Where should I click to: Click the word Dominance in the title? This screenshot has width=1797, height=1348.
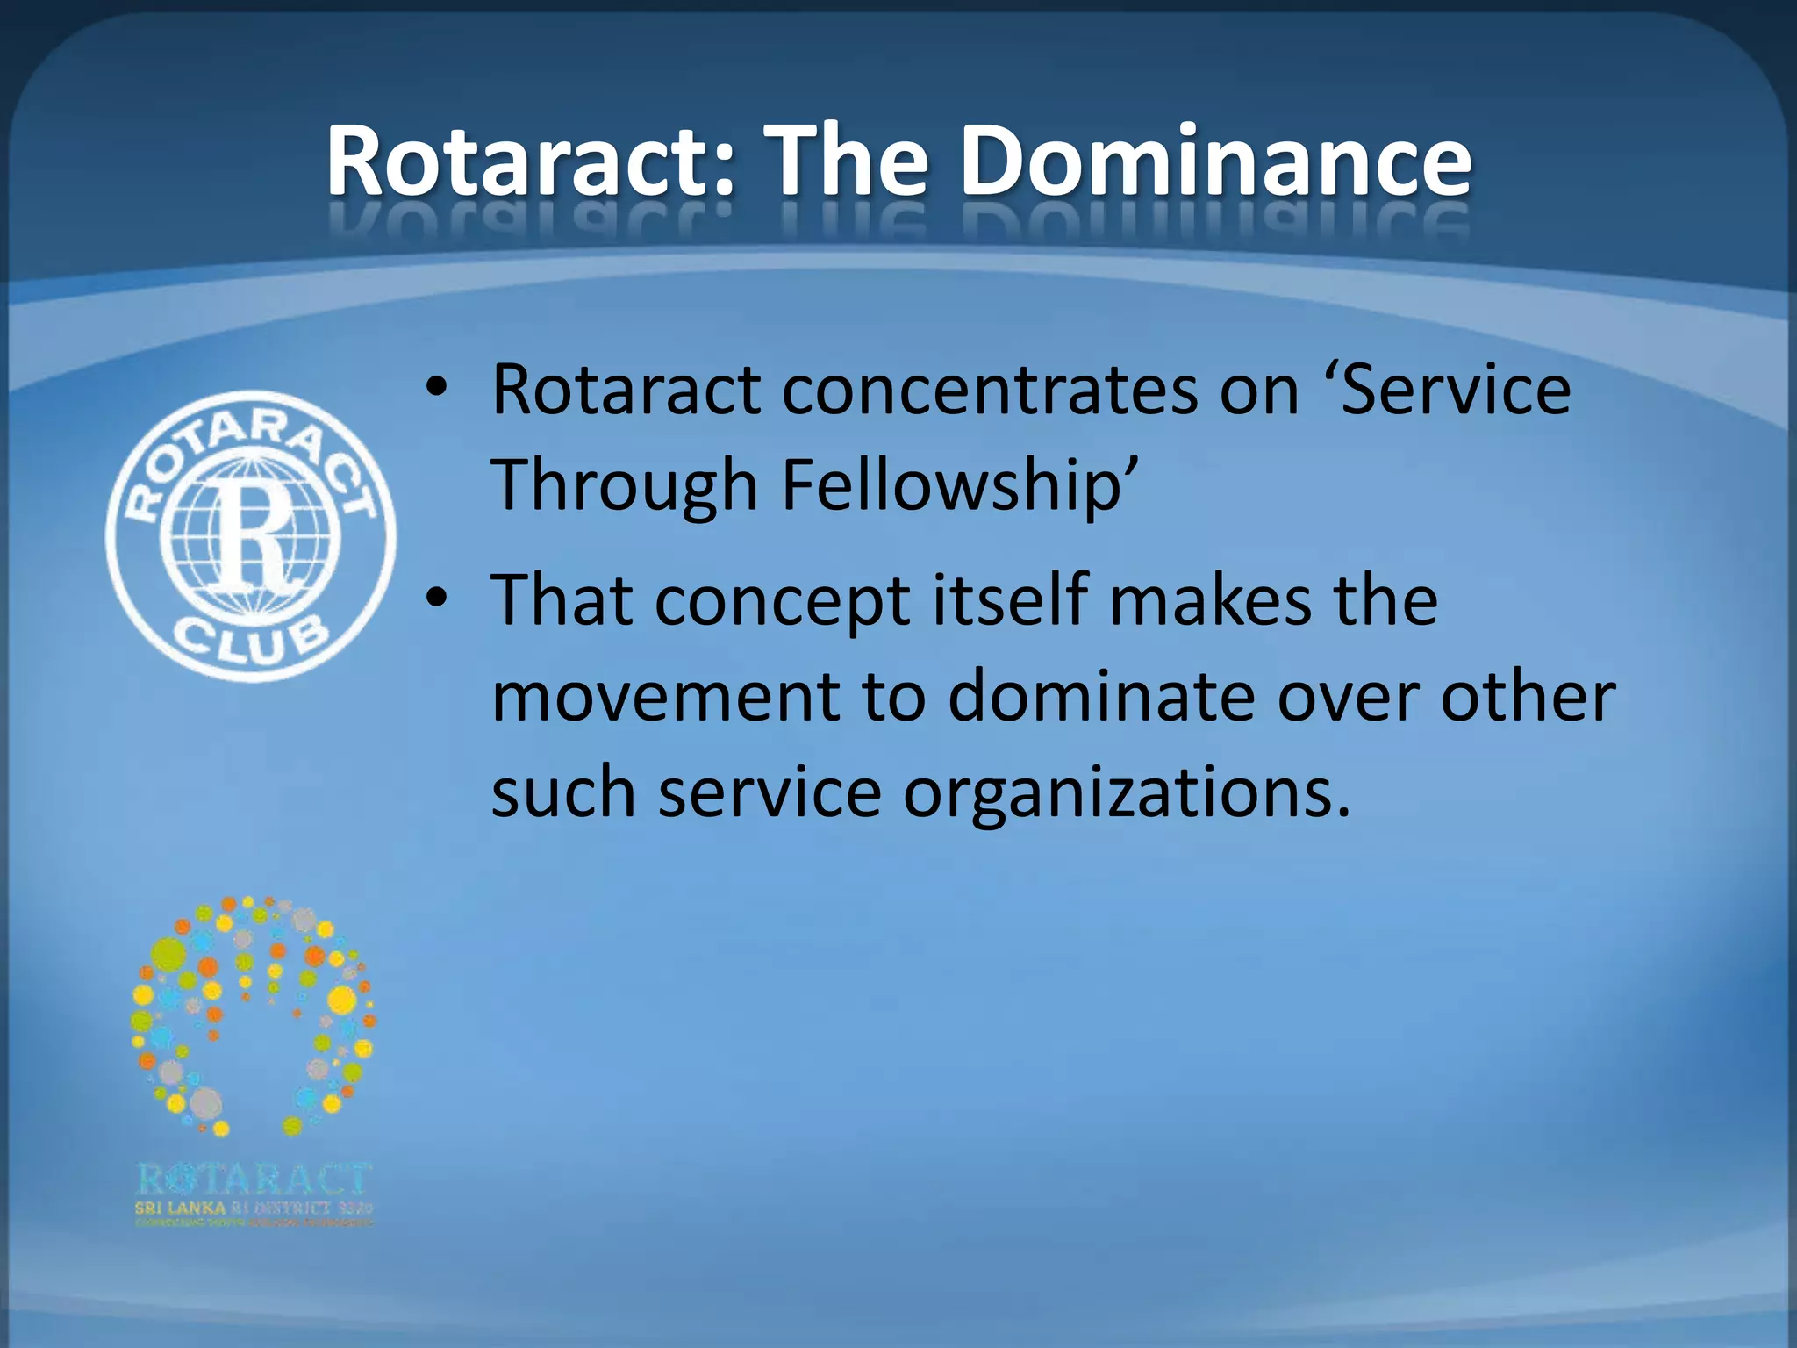click(x=1216, y=162)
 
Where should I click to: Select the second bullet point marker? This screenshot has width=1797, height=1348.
click(x=436, y=597)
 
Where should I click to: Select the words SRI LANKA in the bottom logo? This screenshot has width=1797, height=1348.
click(x=180, y=1208)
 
